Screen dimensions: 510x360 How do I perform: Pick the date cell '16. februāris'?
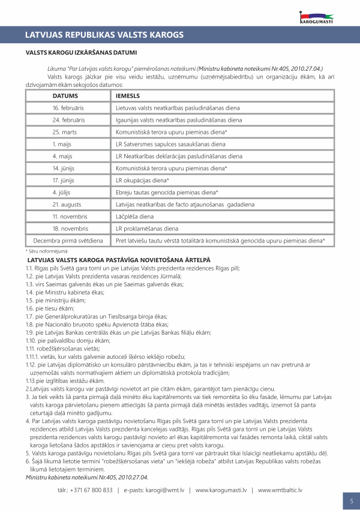click(x=67, y=108)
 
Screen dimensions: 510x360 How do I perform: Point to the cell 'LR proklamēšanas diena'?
click(x=146, y=228)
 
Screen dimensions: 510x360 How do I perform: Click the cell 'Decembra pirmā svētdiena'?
click(x=68, y=240)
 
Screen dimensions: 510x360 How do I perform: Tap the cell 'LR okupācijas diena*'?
click(x=142, y=180)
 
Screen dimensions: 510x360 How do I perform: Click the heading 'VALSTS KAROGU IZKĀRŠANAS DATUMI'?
click(x=81, y=53)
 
